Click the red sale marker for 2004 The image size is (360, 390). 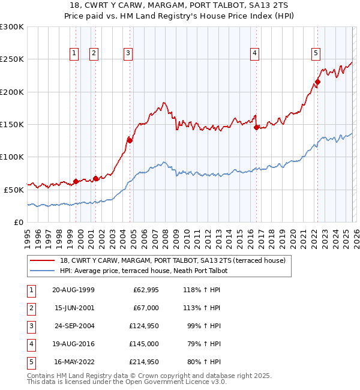(130, 140)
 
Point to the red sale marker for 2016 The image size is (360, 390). (256, 127)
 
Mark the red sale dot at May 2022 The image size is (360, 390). (317, 82)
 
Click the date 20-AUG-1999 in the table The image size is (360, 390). (73, 290)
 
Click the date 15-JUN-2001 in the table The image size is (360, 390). (73, 308)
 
